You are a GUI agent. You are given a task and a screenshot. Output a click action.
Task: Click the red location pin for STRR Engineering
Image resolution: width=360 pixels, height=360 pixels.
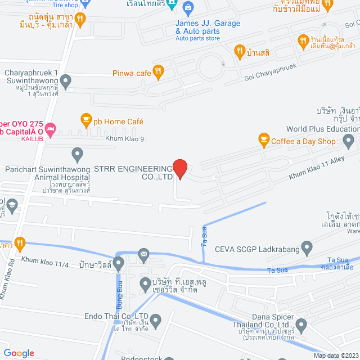tap(179, 168)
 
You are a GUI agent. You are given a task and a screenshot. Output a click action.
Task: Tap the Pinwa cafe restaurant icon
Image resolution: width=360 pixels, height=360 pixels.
tap(159, 71)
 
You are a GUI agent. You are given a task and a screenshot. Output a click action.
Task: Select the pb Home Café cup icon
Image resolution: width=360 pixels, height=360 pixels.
tap(85, 119)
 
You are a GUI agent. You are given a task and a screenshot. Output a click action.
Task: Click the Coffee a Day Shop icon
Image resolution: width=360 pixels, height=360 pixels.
tap(263, 138)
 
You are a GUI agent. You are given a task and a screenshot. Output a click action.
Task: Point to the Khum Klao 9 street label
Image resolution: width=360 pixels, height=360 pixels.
tap(124, 138)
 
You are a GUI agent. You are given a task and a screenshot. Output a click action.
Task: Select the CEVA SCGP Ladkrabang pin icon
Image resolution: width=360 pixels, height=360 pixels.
tap(307, 246)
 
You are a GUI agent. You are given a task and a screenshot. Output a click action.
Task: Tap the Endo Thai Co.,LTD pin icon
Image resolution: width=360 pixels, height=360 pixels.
tap(156, 320)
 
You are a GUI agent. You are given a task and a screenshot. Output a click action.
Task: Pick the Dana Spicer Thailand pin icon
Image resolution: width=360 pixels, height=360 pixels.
tap(301, 325)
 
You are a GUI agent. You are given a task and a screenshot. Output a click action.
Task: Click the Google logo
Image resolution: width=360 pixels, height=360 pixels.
tap(19, 353)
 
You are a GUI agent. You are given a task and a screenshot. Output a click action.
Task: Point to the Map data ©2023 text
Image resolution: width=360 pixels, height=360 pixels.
tap(335, 355)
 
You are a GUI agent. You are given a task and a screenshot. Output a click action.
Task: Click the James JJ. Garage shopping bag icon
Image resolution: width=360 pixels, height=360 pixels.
tap(188, 7)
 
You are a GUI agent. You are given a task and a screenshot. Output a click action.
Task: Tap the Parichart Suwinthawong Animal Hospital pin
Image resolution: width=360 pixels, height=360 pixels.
tap(78, 153)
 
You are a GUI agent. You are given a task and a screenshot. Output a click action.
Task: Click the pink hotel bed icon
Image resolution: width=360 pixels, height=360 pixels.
tap(51, 128)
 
